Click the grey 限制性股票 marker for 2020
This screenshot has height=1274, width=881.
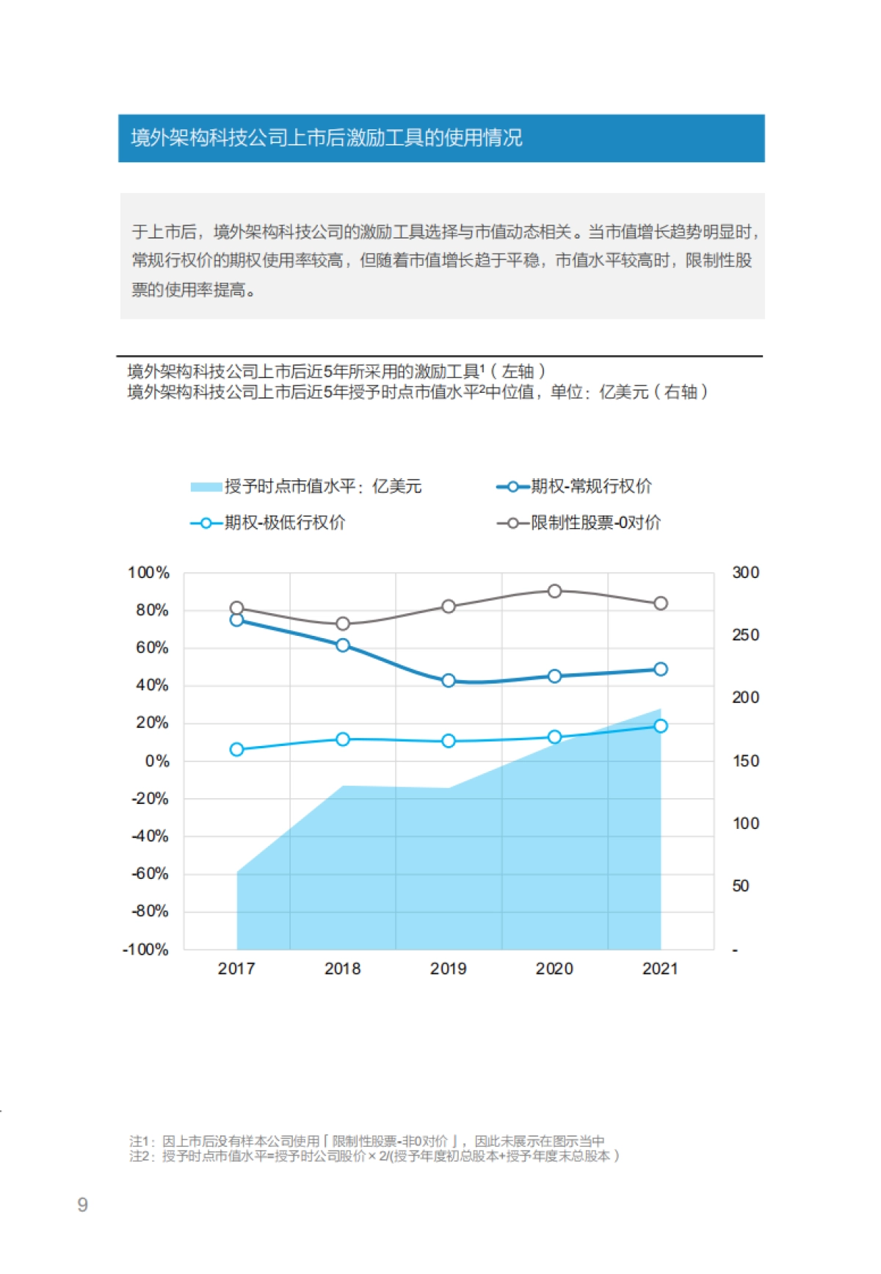[554, 591]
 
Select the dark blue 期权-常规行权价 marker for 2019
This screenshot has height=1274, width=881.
[449, 681]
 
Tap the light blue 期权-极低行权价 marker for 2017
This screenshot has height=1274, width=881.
[236, 749]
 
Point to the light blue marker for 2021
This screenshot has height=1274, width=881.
[660, 725]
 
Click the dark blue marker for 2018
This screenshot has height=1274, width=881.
[342, 645]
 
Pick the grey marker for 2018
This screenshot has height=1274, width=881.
[342, 623]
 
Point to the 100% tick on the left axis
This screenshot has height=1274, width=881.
[148, 573]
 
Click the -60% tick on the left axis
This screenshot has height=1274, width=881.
[150, 874]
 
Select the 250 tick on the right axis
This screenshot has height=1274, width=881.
[745, 635]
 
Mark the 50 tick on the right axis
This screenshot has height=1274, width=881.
[740, 886]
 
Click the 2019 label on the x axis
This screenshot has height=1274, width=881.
[448, 969]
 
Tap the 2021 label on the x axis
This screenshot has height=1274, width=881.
[659, 969]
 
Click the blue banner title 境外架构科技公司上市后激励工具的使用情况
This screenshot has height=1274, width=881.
[327, 138]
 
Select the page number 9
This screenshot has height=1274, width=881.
[82, 1204]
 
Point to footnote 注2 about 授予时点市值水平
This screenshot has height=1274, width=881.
[374, 1156]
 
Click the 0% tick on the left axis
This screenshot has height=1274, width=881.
[156, 761]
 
